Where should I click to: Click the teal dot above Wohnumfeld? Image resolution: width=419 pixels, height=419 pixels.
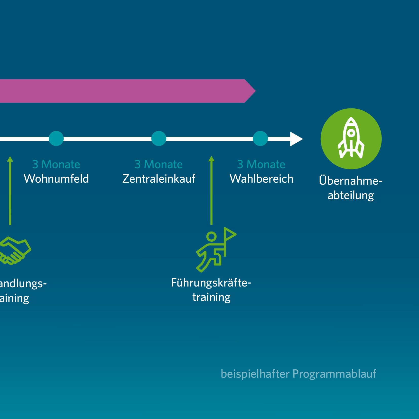[56, 139]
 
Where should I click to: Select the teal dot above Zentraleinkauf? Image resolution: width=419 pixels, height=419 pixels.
[159, 139]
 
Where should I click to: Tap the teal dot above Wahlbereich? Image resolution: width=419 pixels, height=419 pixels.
[260, 139]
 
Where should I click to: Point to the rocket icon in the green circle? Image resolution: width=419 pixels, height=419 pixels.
[351, 138]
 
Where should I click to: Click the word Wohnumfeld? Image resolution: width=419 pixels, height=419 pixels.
[56, 179]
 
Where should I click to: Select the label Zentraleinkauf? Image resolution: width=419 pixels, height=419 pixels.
[159, 179]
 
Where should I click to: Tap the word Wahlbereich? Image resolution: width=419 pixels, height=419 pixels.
[261, 179]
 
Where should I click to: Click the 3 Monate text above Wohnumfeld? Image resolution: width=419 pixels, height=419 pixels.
[56, 164]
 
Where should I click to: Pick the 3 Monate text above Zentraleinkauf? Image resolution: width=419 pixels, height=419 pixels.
[159, 164]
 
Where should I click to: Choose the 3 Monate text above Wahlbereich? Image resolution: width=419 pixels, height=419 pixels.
[261, 164]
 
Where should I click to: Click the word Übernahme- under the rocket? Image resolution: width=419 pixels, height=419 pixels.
[351, 181]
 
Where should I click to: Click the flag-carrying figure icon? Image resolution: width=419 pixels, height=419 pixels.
[215, 250]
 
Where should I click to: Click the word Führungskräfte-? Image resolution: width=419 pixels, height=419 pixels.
[211, 283]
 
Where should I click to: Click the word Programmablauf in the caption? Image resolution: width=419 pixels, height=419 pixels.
[334, 374]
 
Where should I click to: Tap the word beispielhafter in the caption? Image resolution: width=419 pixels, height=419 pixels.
[255, 374]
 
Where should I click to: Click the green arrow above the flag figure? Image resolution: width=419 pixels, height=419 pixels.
[212, 190]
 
